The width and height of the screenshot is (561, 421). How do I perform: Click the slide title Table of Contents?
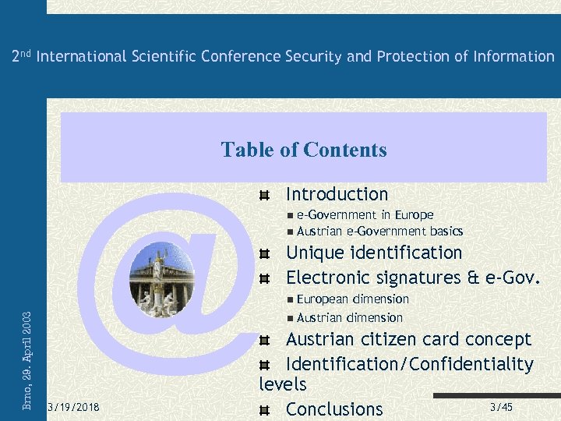tap(304, 150)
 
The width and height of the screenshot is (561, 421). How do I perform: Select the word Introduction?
tap(337, 194)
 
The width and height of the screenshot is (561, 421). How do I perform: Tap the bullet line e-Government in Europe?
tap(365, 214)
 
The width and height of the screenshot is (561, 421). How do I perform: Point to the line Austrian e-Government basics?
tap(379, 231)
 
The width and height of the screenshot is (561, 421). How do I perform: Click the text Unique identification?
tap(374, 253)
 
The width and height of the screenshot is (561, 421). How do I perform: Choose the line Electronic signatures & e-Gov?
tap(412, 278)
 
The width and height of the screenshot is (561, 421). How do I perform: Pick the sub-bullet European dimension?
tap(352, 299)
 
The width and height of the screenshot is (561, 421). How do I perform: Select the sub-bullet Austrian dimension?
tap(349, 317)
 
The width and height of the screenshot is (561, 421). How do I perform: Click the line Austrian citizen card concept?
tap(408, 339)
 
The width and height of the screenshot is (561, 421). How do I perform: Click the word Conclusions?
tap(334, 409)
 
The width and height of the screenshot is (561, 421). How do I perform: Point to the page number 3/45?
tap(501, 408)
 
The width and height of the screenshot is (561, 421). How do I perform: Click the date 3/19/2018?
tap(73, 408)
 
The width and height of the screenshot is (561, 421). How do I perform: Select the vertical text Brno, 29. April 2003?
tap(27, 360)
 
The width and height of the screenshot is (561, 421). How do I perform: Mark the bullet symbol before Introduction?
tap(266, 195)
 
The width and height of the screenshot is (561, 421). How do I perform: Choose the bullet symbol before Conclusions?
tap(266, 409)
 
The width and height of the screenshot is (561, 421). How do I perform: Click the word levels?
tap(282, 384)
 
